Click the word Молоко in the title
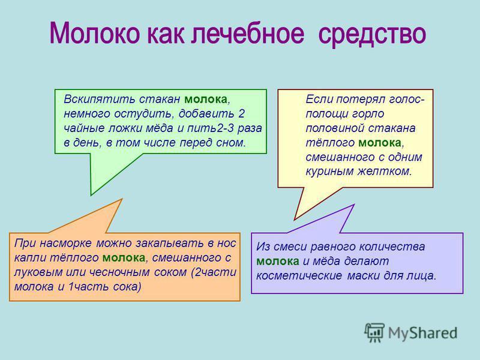pos(95,33)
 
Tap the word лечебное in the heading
pos(248,33)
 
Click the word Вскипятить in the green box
pos(100,100)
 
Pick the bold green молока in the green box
pos(206,100)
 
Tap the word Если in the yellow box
pos(319,100)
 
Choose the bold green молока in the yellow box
pos(380,143)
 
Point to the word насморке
pos(65,243)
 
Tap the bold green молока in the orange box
pos(124,258)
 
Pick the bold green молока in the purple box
pos(278,262)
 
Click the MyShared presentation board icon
pos(374,332)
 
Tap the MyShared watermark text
pos(423,333)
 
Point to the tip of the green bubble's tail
pos(91,195)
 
